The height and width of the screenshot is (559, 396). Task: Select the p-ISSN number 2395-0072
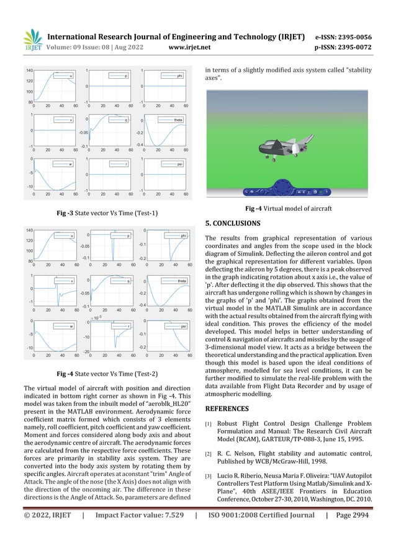click(x=353, y=46)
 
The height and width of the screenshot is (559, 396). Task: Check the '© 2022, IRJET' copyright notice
click(x=47, y=532)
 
